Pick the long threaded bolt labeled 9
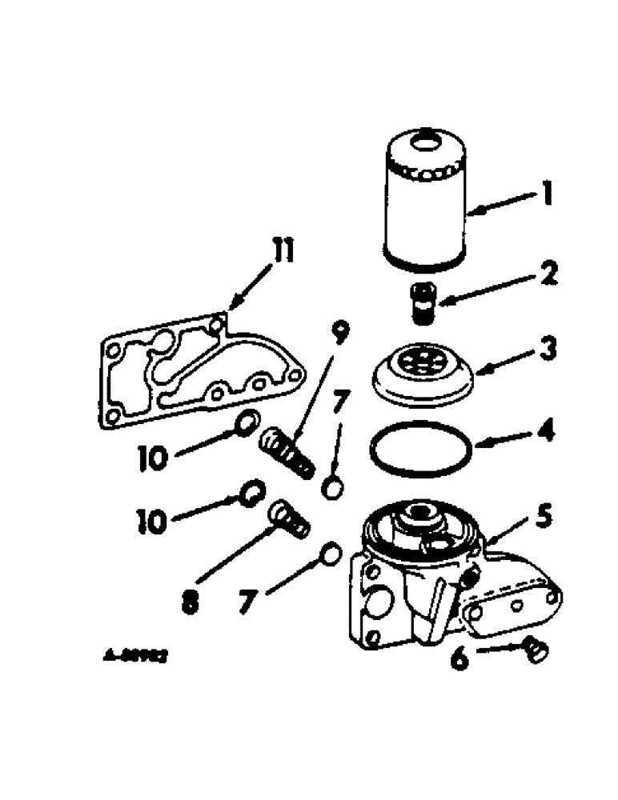(x=287, y=450)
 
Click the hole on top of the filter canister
(x=425, y=147)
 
